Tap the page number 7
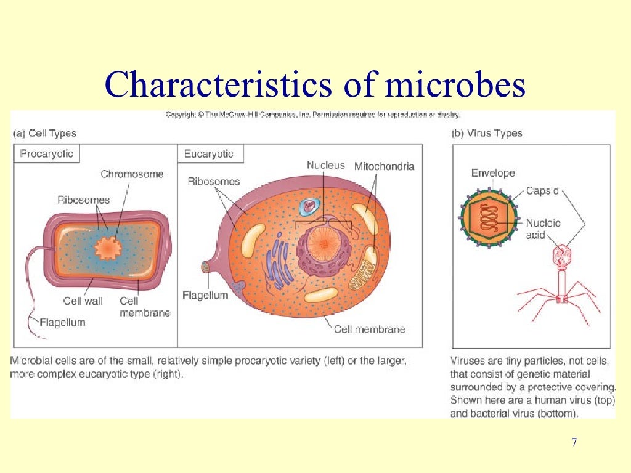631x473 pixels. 574,442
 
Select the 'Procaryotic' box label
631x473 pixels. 46,154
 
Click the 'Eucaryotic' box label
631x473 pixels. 209,154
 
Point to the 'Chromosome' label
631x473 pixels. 132,174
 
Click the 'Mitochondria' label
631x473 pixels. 384,166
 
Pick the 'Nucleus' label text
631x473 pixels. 326,165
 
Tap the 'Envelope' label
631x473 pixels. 493,173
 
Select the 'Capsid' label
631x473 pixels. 542,191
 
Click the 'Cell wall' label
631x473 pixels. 83,301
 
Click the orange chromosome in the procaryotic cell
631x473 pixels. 108,247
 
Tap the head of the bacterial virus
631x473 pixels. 561,254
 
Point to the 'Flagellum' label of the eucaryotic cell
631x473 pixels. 205,295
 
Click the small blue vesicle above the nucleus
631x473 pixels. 306,206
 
